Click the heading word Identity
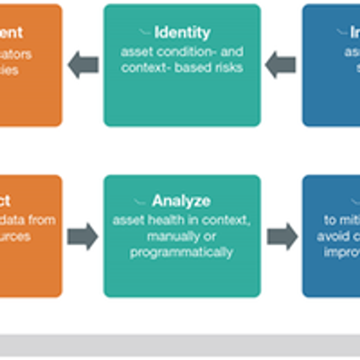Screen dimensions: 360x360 183,33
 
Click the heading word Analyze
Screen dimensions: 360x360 181,201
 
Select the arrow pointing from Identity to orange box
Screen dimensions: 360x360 84,65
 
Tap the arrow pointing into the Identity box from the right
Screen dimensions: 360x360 281,65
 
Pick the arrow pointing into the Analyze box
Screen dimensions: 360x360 83,237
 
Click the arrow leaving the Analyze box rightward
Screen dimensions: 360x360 282,237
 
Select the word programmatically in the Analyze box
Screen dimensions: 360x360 181,253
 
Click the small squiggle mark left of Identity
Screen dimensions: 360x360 145,33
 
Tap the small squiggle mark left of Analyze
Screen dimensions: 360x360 140,202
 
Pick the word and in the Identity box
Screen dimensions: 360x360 232,52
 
